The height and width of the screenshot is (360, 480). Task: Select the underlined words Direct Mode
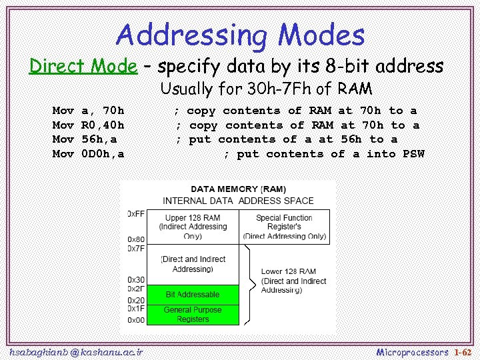point(83,66)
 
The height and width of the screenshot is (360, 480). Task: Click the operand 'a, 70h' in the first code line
point(102,111)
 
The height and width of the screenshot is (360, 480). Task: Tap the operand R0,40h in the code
point(102,125)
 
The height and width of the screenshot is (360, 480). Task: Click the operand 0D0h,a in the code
point(102,154)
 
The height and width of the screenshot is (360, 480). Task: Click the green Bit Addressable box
point(192,294)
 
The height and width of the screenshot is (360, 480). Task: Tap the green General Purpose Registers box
point(192,315)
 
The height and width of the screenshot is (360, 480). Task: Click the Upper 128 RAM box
point(192,227)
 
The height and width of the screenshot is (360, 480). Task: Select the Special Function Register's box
point(284,227)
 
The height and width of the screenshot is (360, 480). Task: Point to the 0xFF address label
point(135,213)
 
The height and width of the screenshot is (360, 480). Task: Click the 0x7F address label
point(135,248)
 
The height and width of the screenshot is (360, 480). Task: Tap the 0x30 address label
point(135,279)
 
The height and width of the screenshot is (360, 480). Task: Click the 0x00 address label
point(135,320)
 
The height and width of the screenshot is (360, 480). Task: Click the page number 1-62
point(462,351)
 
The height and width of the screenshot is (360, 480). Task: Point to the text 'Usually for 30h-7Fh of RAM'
point(266,89)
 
